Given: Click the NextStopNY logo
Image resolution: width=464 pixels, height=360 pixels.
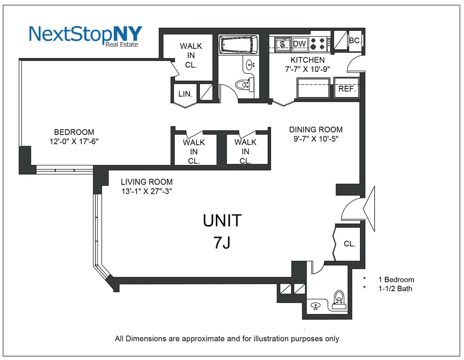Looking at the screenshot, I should (x=85, y=35).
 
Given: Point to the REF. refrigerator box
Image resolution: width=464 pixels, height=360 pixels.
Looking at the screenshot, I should (x=347, y=89).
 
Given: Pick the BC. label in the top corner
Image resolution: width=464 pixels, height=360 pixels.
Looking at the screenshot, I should (x=355, y=40).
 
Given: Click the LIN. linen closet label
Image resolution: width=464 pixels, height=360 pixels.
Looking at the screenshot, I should (x=186, y=94).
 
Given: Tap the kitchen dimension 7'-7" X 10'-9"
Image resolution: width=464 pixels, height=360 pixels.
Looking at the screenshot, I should (x=308, y=69).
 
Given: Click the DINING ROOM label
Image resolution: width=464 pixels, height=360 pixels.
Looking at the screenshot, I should (x=316, y=130).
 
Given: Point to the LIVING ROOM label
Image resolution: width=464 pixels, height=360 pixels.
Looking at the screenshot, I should (x=147, y=182).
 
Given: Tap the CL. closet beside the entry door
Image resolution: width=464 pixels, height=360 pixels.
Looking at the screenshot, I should (x=350, y=244).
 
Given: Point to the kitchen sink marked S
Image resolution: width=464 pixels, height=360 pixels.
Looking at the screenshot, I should (x=283, y=44).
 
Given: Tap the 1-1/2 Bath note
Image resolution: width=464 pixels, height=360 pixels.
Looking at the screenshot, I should (x=395, y=288).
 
